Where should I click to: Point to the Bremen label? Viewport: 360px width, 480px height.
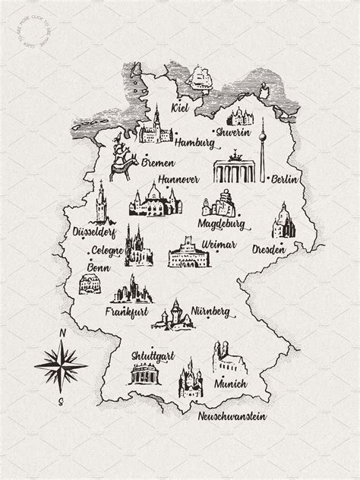(x=157, y=163)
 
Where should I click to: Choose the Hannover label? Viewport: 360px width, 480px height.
(x=178, y=180)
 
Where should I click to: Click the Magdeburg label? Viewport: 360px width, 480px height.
(x=220, y=225)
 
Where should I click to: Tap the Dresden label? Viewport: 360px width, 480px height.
(x=290, y=248)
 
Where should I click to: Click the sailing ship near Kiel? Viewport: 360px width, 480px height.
(x=201, y=78)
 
